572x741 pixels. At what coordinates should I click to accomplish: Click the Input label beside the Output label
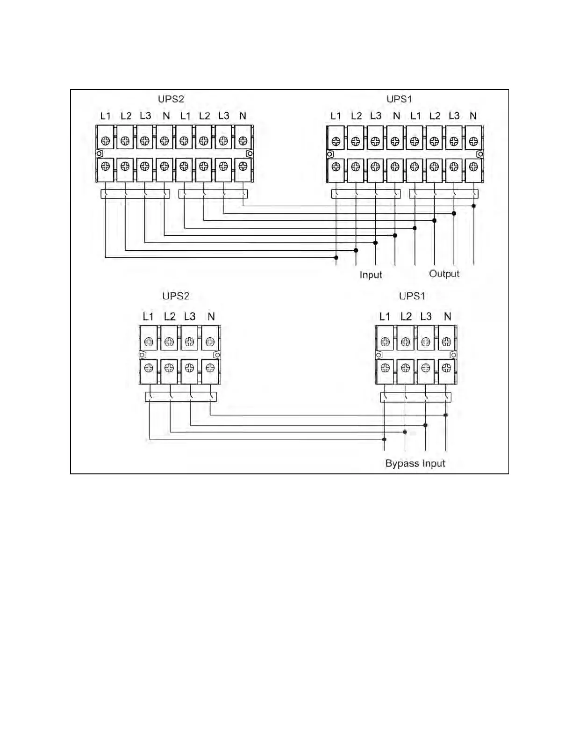coord(371,275)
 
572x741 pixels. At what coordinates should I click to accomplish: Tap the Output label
coord(444,274)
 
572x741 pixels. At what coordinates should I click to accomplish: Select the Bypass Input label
coord(415,463)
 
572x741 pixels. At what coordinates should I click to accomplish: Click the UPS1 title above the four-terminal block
coord(412,296)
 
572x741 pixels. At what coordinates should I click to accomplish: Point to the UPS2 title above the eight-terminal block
coord(171,99)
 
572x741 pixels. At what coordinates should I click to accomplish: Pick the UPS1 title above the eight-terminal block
coord(399,99)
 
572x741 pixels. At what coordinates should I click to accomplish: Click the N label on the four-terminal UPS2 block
coord(211,317)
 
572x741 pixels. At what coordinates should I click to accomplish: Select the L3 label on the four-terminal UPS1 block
coord(426,317)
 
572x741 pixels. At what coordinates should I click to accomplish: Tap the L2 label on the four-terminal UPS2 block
coord(169,317)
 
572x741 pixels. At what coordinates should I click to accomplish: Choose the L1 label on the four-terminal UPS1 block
coord(385,317)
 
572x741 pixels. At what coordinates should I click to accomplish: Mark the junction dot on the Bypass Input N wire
coord(446,415)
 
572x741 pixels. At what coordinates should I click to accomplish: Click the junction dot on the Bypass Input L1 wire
coord(384,439)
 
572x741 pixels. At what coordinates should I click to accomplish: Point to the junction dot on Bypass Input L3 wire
coord(425,425)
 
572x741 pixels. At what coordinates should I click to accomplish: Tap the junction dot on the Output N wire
coord(474,206)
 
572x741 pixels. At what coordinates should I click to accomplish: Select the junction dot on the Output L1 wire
coord(415,228)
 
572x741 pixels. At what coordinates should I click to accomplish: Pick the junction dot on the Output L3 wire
coord(454,213)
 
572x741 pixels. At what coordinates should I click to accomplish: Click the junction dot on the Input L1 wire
coord(336,258)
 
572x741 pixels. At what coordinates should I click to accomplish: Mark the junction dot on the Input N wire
coord(395,235)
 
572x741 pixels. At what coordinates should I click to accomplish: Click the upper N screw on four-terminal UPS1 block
coord(446,342)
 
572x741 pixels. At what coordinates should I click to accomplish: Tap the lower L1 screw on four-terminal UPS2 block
coord(149,368)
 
